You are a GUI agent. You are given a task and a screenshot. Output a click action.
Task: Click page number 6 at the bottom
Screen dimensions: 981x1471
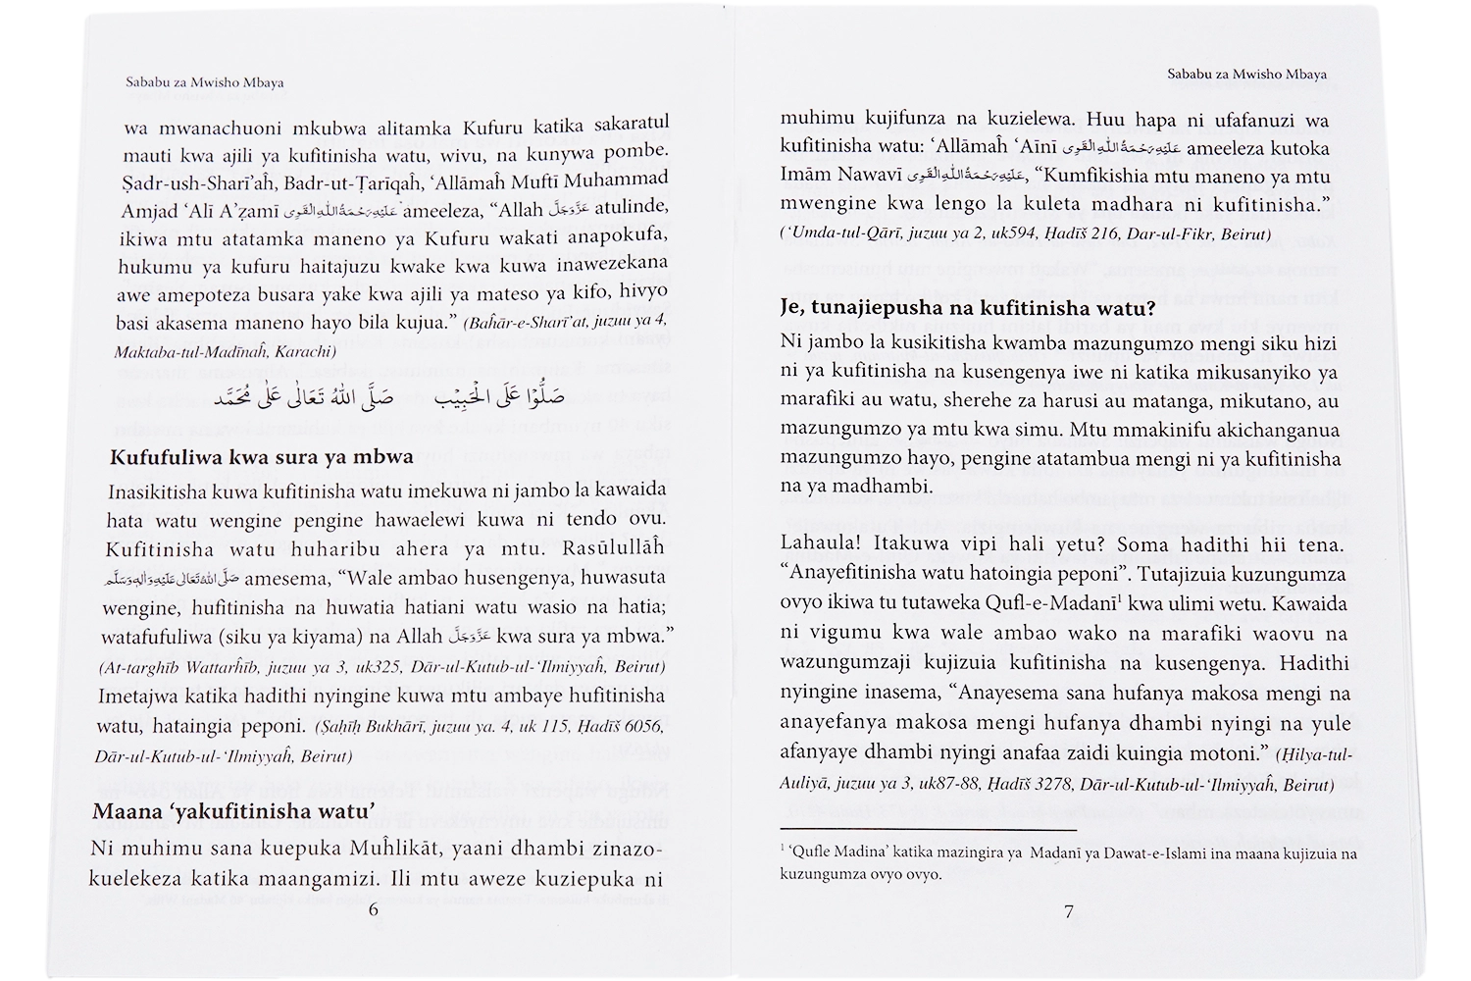[373, 909]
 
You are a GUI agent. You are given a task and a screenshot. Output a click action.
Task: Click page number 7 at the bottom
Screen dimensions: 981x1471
[1069, 911]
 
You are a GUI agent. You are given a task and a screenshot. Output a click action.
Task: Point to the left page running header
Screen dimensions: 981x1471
[204, 82]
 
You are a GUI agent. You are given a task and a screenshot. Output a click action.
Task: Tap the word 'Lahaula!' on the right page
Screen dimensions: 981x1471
[819, 542]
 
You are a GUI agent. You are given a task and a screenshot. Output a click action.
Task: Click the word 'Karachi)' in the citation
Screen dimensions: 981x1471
[306, 350]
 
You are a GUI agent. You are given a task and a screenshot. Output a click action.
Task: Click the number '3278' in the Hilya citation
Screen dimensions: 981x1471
[1084, 785]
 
